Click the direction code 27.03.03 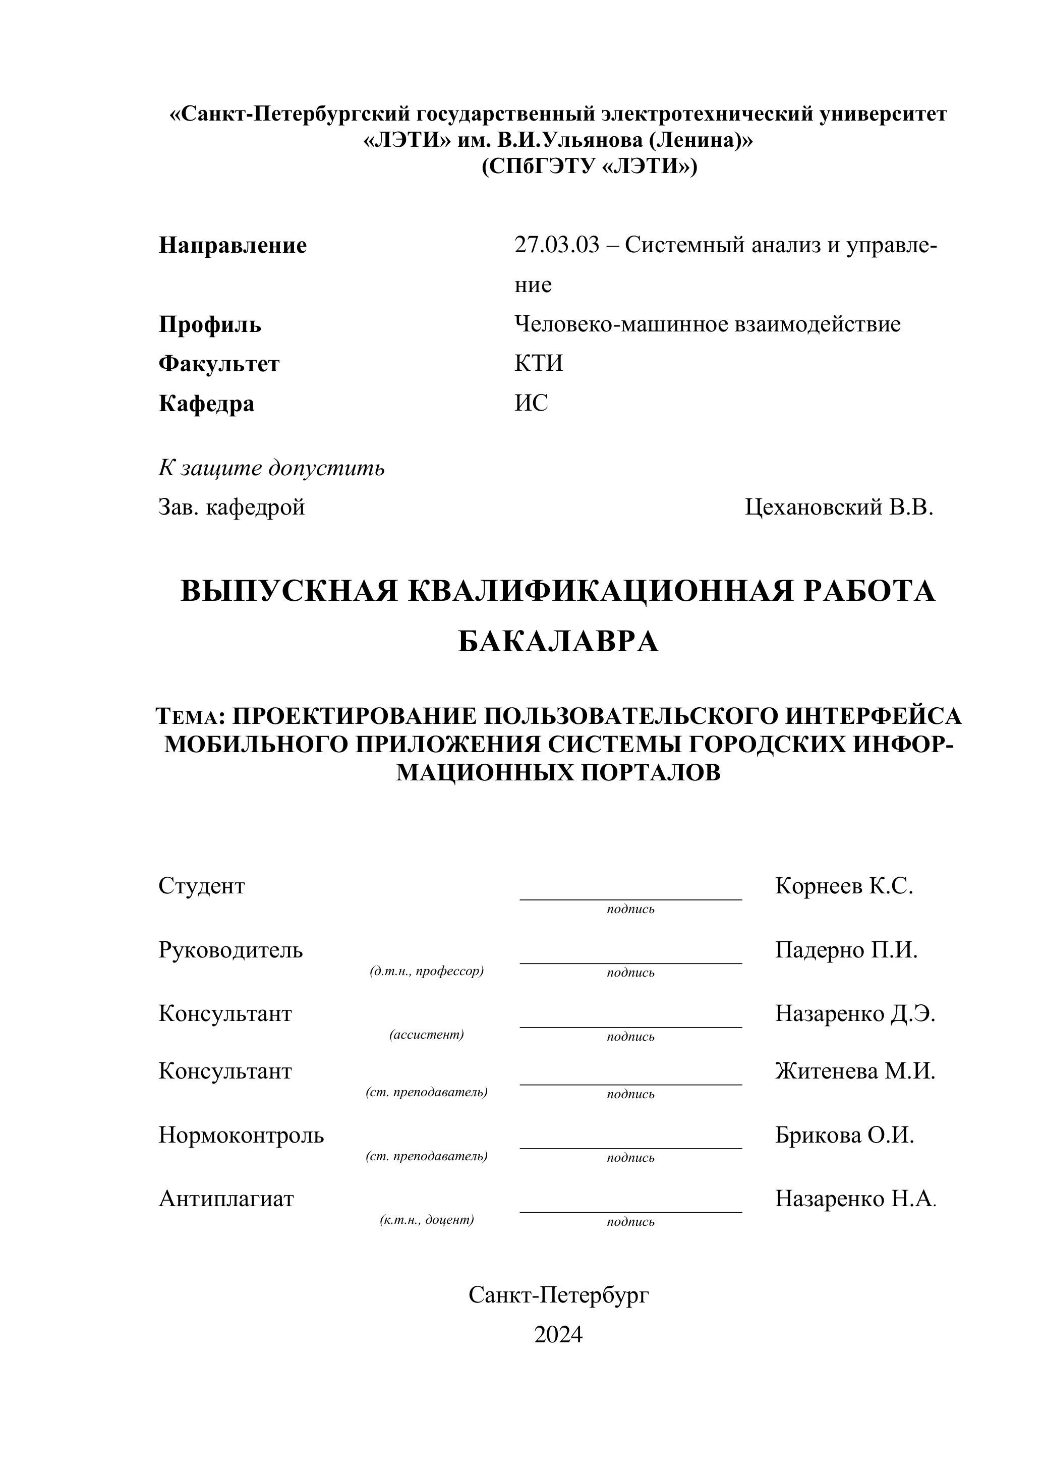(556, 245)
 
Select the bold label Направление (233, 245)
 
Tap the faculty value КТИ (538, 364)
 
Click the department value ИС (531, 404)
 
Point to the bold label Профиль (209, 324)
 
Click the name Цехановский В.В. (839, 507)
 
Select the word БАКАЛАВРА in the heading (558, 642)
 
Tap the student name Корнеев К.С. (844, 886)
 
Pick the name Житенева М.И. (855, 1071)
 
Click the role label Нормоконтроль (241, 1135)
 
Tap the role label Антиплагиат (226, 1199)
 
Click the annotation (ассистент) (427, 1035)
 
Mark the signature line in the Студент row (630, 899)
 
